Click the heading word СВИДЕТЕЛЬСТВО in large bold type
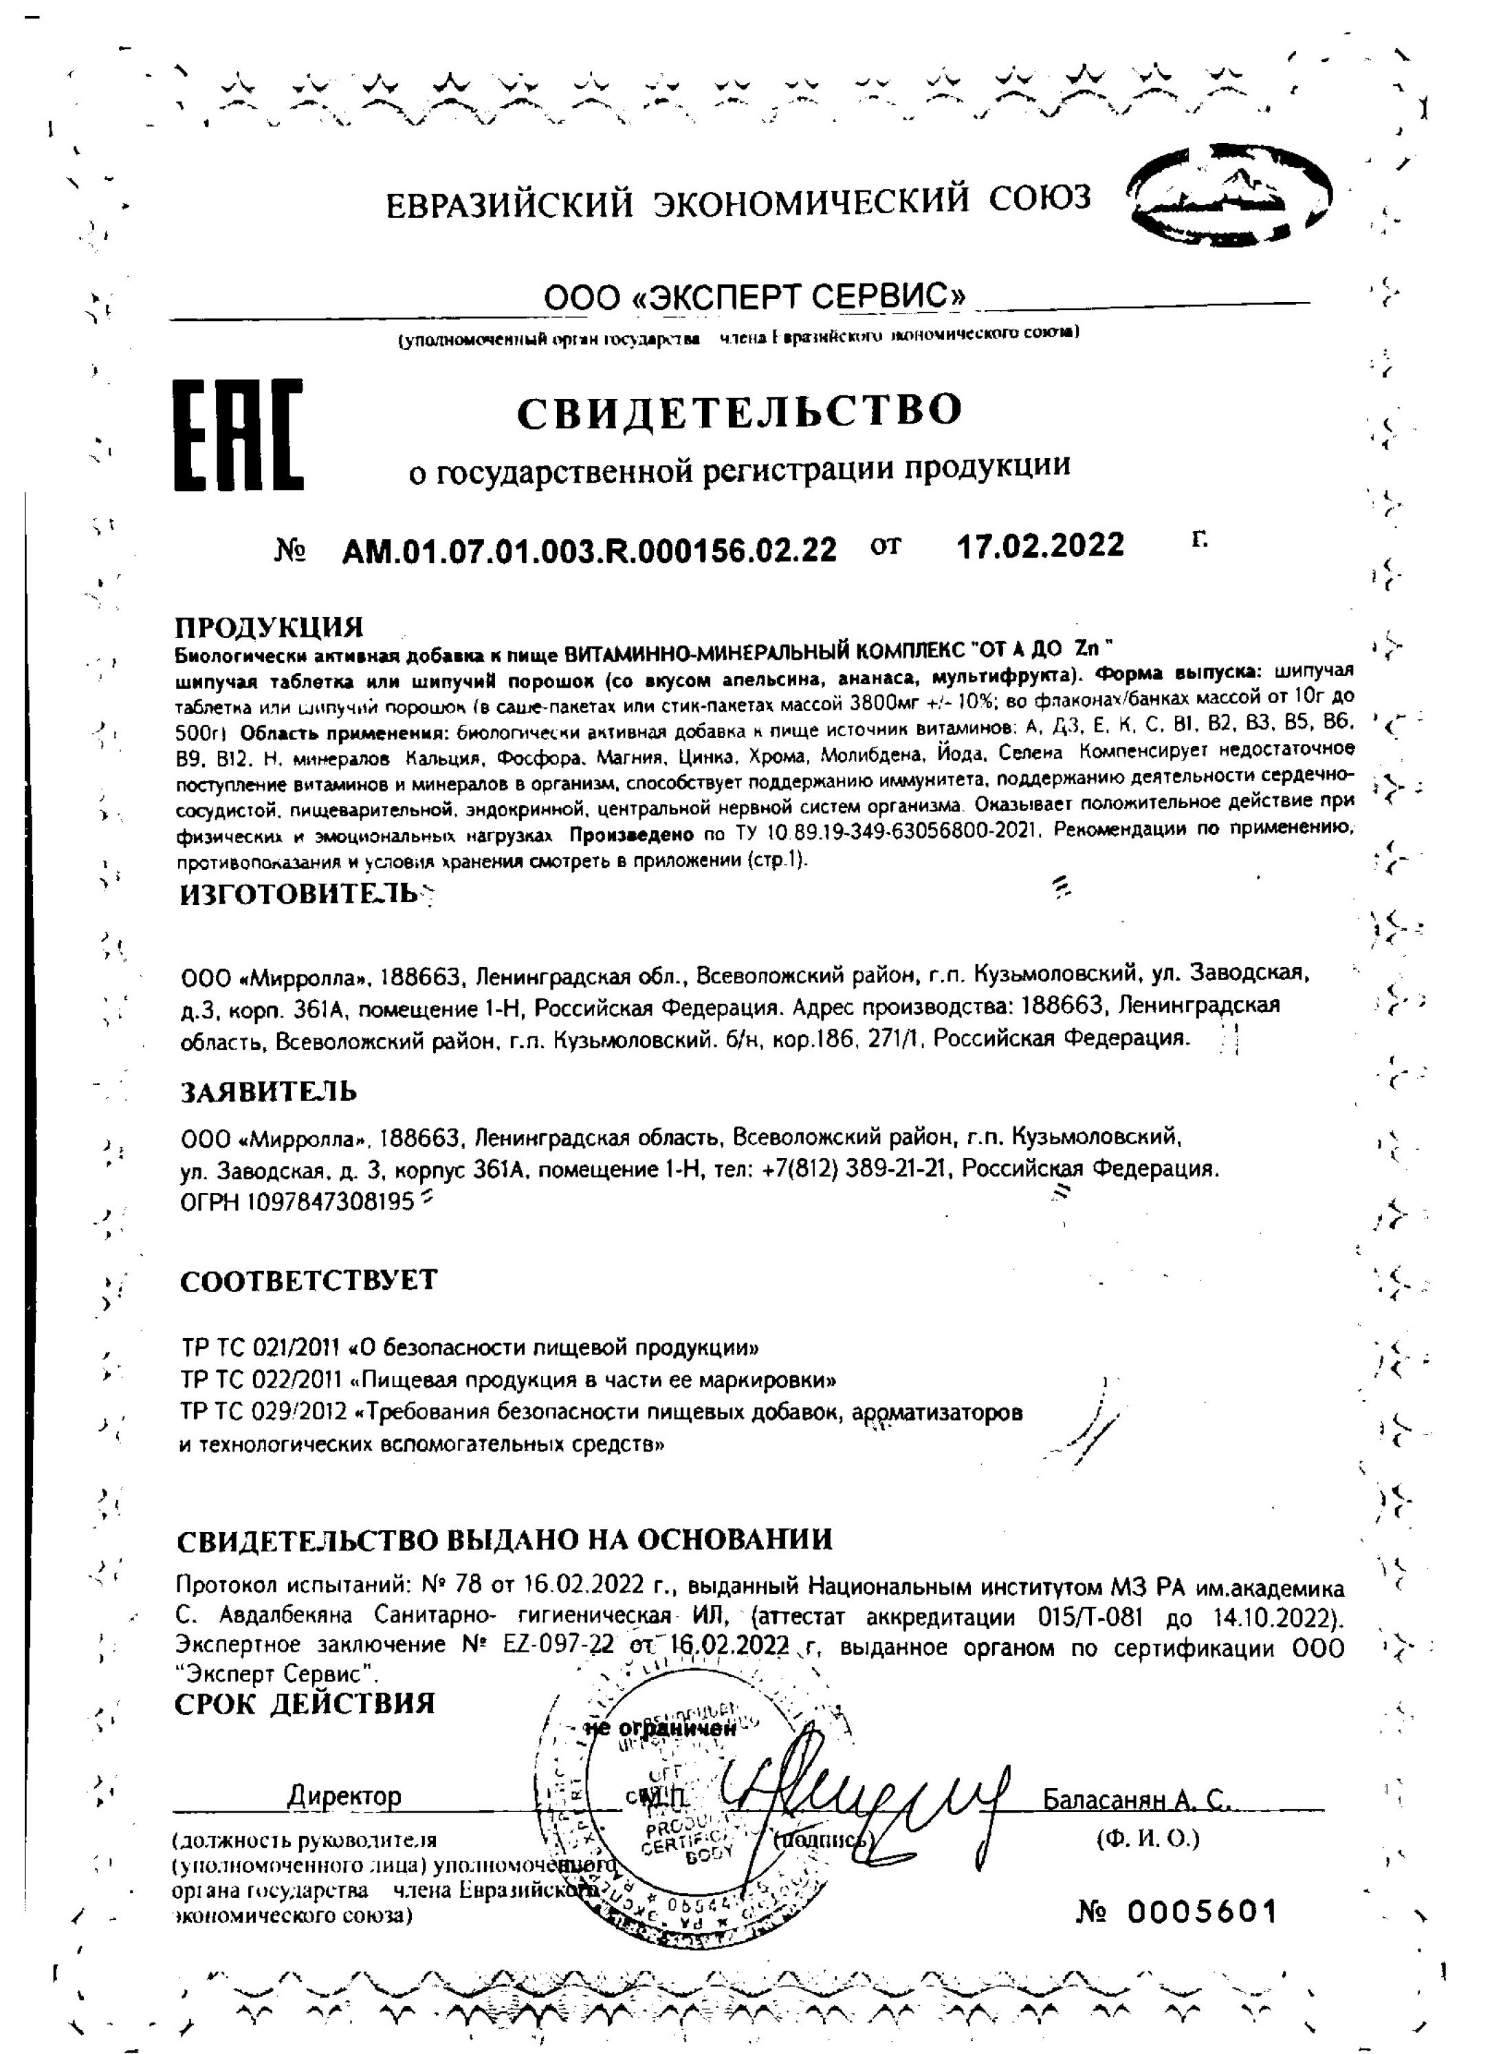pos(740,411)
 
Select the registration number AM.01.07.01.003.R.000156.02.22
pos(589,549)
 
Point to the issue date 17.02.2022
pos(1040,545)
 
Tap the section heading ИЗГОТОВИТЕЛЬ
pos(300,894)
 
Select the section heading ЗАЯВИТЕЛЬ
pos(269,1092)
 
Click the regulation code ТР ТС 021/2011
pos(260,1348)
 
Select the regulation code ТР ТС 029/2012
pos(260,1413)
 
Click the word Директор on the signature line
pos(344,1796)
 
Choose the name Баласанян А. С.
pos(1137,1800)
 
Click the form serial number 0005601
pos(1203,1912)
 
